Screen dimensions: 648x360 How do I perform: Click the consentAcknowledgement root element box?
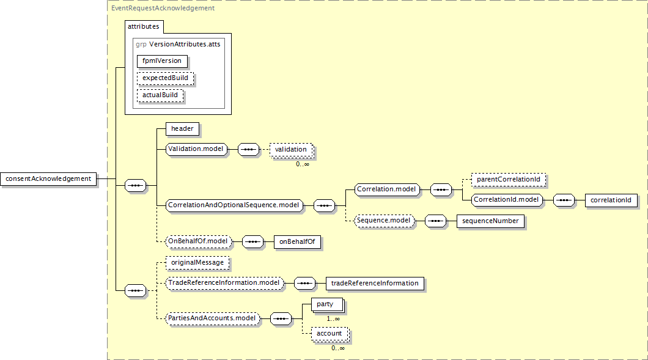point(48,179)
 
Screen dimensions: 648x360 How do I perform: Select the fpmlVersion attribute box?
point(162,61)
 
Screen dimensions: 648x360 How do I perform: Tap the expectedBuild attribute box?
point(165,78)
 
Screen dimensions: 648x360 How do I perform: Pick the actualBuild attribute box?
point(160,95)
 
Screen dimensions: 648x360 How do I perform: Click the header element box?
point(182,129)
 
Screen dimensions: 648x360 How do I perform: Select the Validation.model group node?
point(196,149)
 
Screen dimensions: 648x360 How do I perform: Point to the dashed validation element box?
point(291,150)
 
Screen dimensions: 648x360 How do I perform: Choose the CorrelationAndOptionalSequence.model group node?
point(234,205)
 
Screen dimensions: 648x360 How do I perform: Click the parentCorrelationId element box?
point(509,180)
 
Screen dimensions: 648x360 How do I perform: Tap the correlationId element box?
point(611,200)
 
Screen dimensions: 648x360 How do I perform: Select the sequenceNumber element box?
point(490,221)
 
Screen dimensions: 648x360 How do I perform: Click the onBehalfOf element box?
point(297,242)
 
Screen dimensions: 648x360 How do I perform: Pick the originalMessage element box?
point(197,263)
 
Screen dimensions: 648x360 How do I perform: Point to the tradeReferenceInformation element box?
point(375,284)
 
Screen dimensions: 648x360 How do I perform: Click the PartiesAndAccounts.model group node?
point(212,318)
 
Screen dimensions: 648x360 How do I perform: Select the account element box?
point(330,334)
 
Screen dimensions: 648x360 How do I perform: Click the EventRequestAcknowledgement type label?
point(163,9)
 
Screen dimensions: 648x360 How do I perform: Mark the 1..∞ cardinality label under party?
point(333,319)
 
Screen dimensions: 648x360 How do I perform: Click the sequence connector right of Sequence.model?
point(436,221)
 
